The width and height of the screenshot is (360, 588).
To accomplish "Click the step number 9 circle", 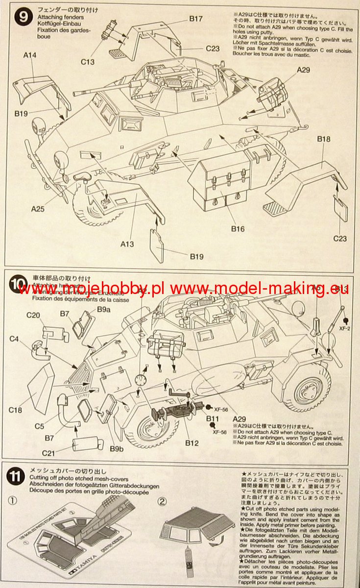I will coord(21,18).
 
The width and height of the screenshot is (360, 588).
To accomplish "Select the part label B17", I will coord(196,19).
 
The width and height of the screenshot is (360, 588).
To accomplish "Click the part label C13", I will coord(89,62).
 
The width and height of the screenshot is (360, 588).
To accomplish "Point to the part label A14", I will coord(29,56).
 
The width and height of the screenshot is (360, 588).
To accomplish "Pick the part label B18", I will coord(324,139).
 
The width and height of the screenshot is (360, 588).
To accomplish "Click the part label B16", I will coord(238,229).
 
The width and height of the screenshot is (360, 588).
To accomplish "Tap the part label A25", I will coord(39,209).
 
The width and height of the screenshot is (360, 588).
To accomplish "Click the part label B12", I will coord(192,443).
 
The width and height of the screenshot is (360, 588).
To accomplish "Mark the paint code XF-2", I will coord(346,329).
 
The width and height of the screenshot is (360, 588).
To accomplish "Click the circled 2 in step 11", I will coord(163,501).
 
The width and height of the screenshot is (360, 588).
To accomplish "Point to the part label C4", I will coord(14,338).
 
